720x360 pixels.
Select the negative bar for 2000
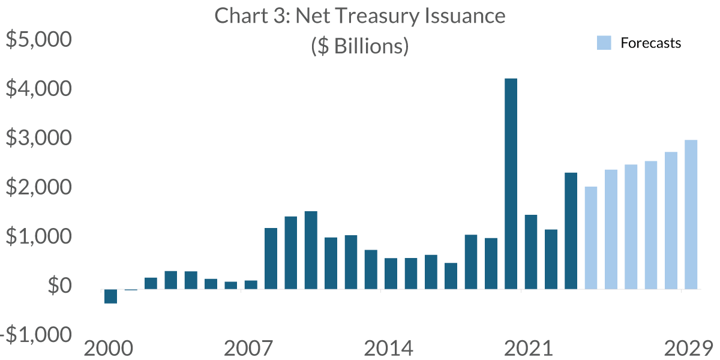click(x=110, y=296)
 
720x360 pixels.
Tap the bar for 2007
click(x=251, y=284)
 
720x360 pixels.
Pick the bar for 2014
click(x=391, y=274)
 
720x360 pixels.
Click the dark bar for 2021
click(x=530, y=252)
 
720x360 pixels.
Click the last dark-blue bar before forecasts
click(x=571, y=231)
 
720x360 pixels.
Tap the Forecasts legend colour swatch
click(x=604, y=43)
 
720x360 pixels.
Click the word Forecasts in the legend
click(x=651, y=43)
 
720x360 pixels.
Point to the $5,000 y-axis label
click(x=39, y=40)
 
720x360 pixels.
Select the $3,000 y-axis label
click(x=39, y=139)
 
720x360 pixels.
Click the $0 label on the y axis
click(x=58, y=286)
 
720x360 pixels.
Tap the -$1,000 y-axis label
click(x=36, y=335)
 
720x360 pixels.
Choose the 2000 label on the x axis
click(x=110, y=349)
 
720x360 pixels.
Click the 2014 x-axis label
click(x=391, y=349)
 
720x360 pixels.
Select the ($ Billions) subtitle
click(x=360, y=46)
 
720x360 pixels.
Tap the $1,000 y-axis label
click(x=39, y=237)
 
